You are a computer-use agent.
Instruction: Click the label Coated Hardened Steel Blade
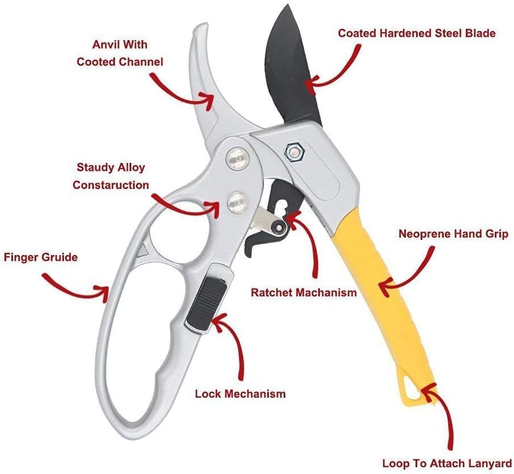[417, 33]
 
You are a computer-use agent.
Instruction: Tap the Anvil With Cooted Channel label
[120, 53]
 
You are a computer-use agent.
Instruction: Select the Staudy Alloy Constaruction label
[110, 176]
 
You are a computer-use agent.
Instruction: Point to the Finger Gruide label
[41, 257]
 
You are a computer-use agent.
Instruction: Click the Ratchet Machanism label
[304, 292]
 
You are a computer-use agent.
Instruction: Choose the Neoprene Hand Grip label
[453, 234]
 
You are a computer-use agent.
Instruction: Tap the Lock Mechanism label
[241, 393]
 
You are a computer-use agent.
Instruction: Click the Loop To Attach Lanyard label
[447, 462]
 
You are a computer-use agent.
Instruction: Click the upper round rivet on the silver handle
[238, 157]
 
